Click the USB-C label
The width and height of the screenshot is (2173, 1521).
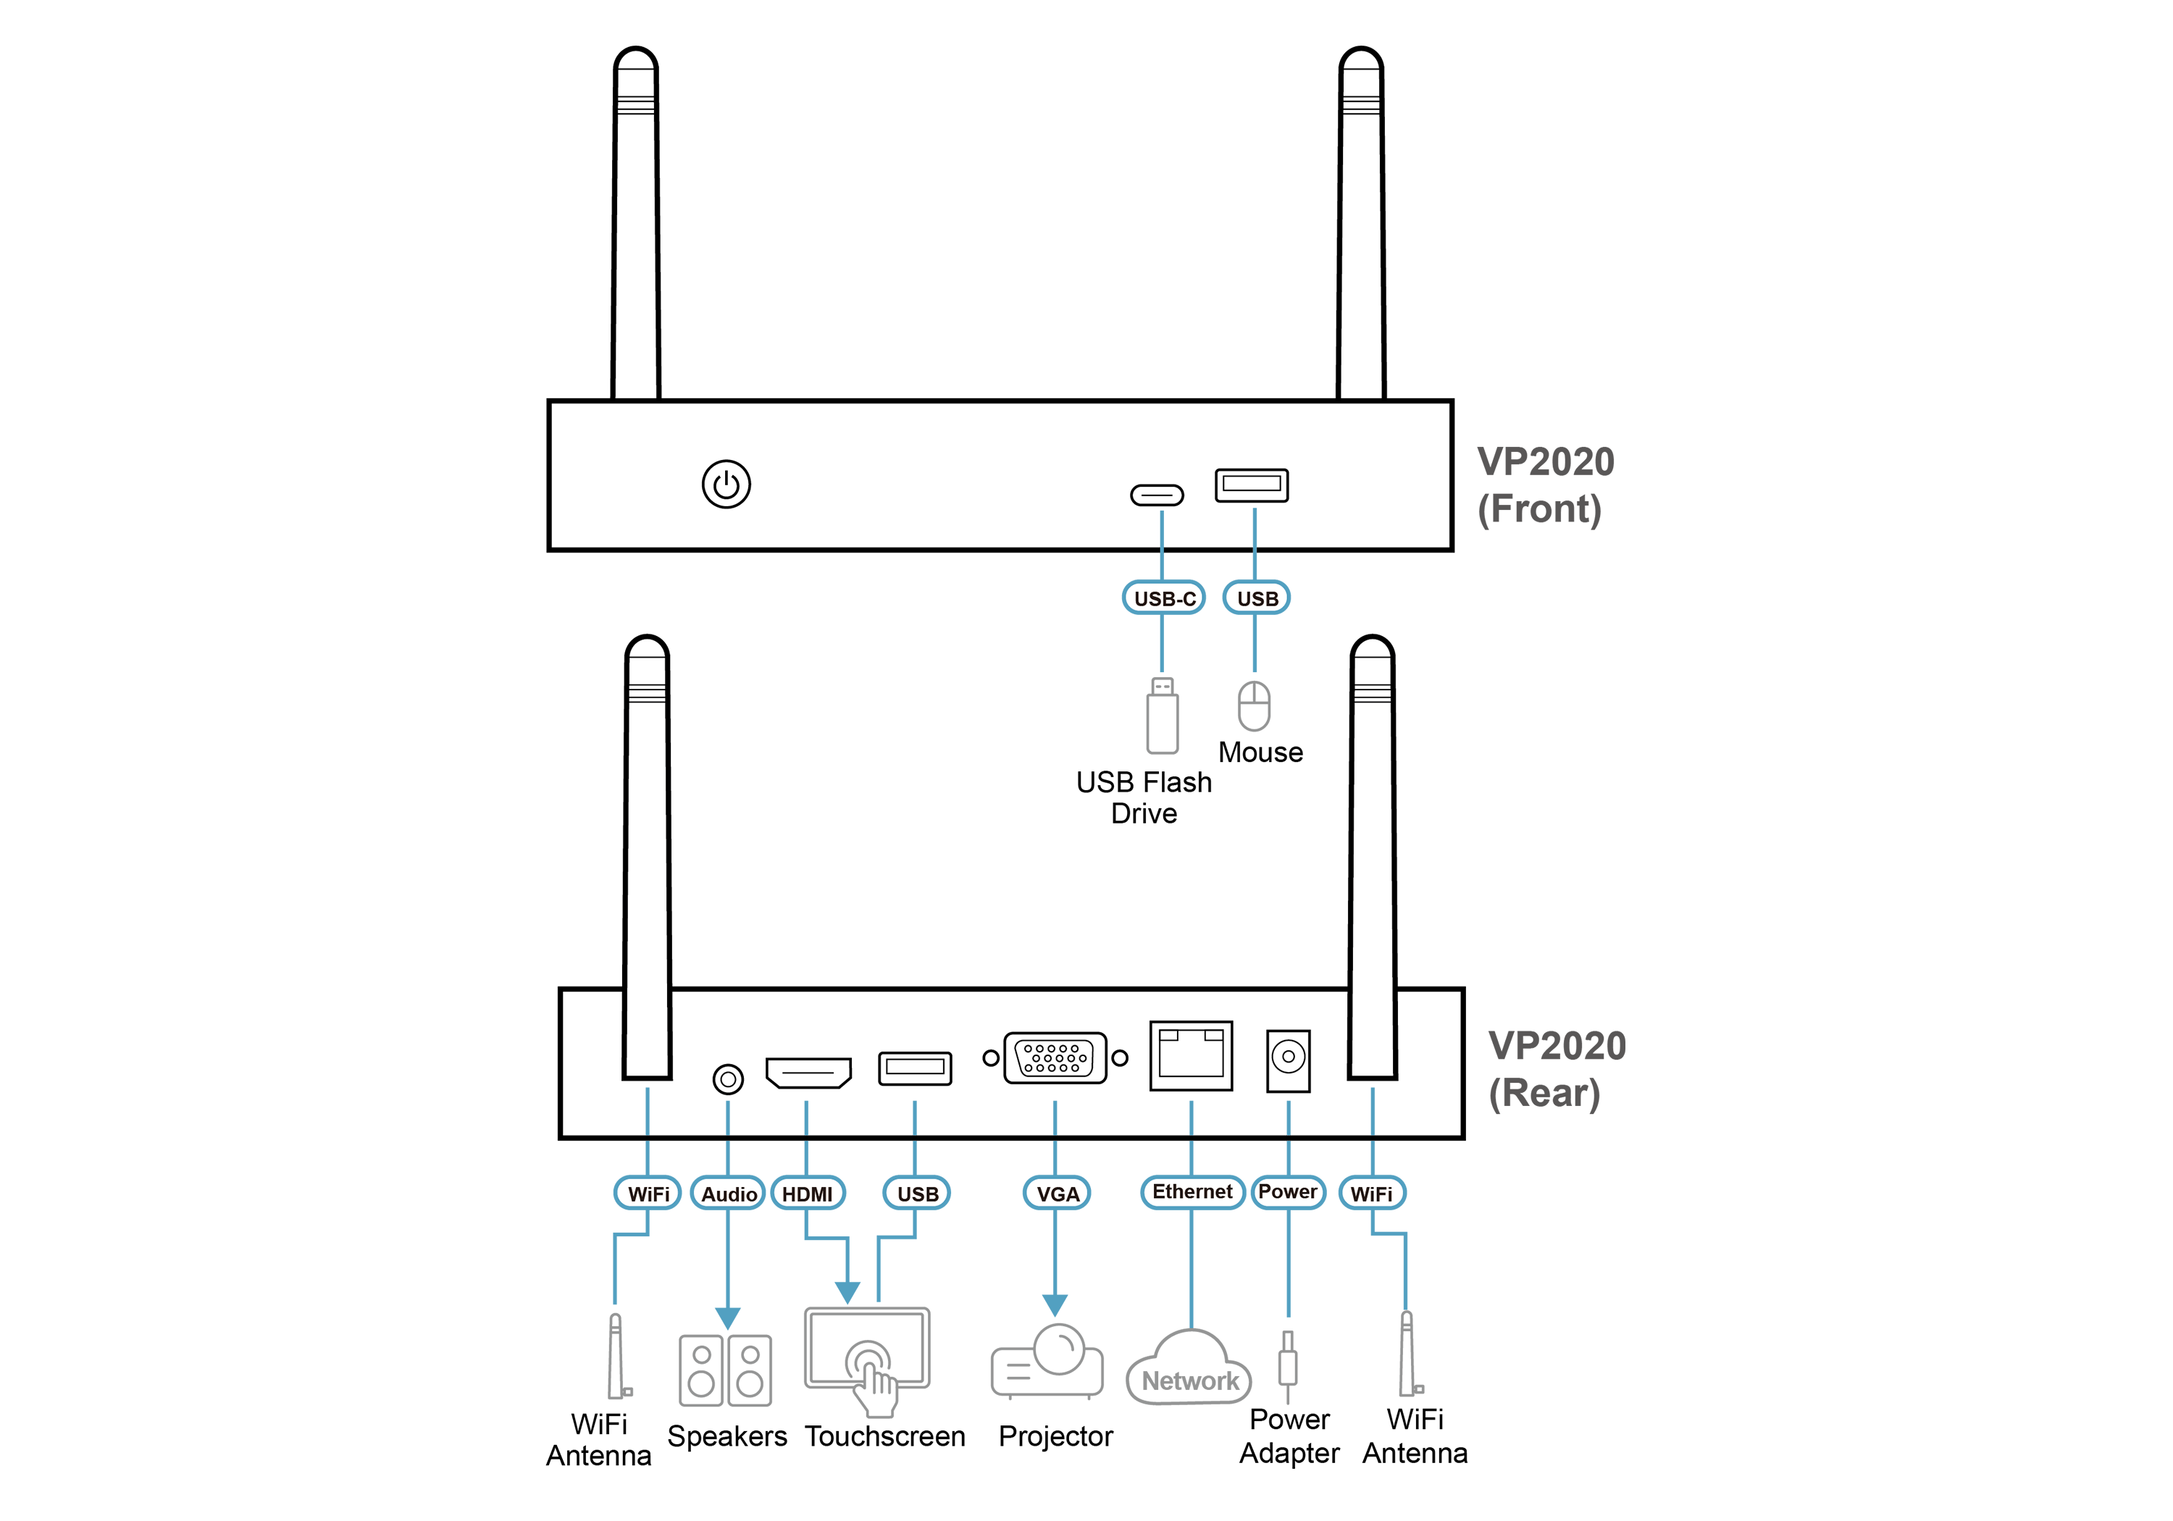(x=1164, y=598)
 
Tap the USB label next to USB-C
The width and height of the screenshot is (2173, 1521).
(x=1257, y=598)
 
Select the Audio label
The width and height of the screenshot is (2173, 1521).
(x=729, y=1194)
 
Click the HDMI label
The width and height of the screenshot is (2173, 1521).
(x=808, y=1194)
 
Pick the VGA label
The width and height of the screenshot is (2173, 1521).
(x=1057, y=1194)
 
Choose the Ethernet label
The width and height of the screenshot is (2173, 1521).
(x=1192, y=1191)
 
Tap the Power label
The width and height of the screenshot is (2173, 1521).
(x=1288, y=1191)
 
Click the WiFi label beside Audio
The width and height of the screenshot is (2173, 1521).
(x=648, y=1194)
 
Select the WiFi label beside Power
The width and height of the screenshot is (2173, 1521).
(x=1371, y=1194)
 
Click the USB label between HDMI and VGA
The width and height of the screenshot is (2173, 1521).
(x=917, y=1194)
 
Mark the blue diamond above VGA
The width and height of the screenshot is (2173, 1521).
(x=1055, y=1113)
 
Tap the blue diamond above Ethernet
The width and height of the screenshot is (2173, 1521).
(x=1192, y=1115)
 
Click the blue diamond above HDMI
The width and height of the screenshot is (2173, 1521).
(x=806, y=1115)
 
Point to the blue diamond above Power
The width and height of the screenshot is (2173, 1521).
(x=1288, y=1116)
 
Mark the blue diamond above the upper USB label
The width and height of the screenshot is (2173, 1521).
(x=1254, y=527)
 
